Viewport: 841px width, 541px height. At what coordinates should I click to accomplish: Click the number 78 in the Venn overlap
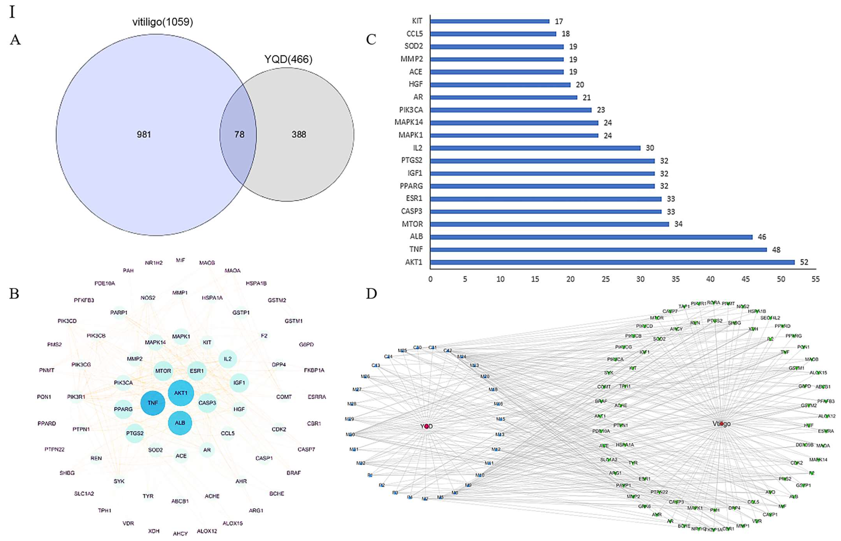(x=239, y=135)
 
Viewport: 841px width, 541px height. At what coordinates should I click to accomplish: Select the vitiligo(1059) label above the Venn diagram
(x=163, y=22)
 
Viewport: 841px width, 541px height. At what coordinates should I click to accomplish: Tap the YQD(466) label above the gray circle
(x=288, y=59)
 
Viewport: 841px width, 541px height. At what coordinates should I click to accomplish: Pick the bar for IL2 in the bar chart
(x=535, y=148)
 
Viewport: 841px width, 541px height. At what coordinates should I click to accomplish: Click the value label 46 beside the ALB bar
(x=762, y=237)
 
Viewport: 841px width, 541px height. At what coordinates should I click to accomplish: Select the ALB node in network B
(x=180, y=423)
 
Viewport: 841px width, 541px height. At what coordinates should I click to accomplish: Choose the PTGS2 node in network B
(x=135, y=433)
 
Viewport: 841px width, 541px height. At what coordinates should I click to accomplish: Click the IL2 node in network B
(x=228, y=359)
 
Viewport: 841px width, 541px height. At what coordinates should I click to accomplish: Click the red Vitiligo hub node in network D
(x=721, y=424)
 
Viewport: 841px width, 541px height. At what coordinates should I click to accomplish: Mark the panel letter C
(x=371, y=40)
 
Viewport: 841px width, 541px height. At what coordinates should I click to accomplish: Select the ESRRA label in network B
(x=317, y=397)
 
